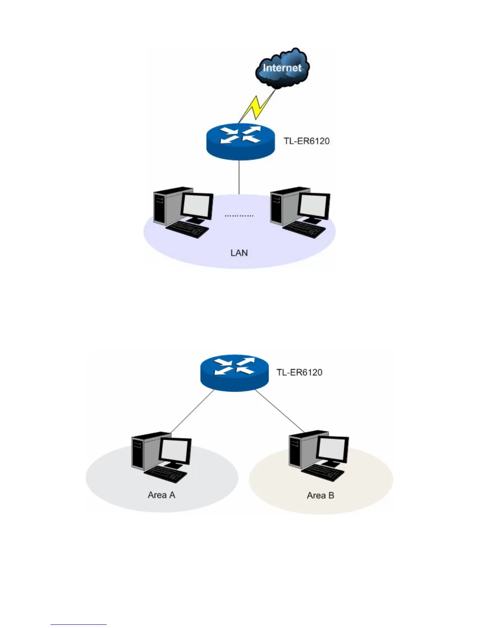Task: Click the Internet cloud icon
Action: (282, 68)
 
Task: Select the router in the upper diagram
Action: (240, 141)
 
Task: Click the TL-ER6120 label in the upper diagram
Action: (307, 141)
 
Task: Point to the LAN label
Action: (239, 253)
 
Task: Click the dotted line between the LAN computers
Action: (239, 216)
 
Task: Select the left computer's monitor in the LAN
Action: (197, 207)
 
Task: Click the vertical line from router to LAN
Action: (239, 177)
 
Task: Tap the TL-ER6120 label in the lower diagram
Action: (299, 373)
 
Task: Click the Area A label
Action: (161, 495)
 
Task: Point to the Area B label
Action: (320, 496)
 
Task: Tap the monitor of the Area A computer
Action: (175, 452)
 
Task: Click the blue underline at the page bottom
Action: (79, 624)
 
